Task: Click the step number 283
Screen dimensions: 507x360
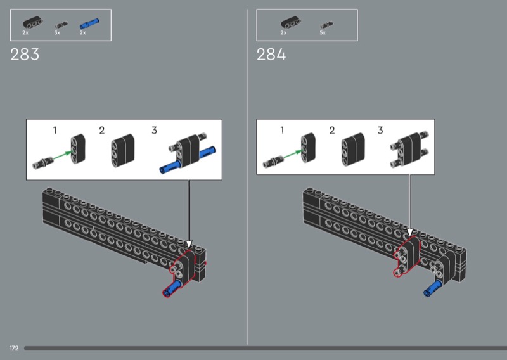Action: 25,55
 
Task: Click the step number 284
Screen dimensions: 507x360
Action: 271,55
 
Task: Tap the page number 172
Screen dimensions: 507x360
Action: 14,349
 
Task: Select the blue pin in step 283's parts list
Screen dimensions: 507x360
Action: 89,23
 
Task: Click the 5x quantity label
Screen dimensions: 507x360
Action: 323,33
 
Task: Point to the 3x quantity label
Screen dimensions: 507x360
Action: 57,33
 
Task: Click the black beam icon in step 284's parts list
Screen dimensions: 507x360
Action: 290,23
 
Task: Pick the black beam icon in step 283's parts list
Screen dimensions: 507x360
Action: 32,23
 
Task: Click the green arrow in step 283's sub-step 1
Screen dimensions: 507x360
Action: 62,155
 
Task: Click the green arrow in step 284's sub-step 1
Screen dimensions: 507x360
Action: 292,155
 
